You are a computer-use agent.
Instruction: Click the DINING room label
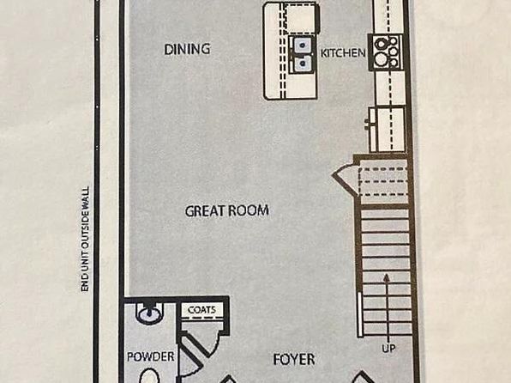point(187,49)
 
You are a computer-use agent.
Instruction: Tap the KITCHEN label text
point(343,53)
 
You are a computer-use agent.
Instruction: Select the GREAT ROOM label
point(227,211)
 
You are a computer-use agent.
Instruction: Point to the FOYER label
point(294,360)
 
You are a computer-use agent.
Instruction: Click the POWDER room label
point(151,356)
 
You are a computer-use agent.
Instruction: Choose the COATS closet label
point(201,309)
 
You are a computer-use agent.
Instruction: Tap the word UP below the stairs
point(388,349)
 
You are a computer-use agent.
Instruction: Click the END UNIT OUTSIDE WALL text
point(85,239)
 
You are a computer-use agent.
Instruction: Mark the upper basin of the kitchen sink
point(302,45)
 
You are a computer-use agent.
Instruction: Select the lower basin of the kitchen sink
point(302,63)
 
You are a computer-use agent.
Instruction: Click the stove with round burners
point(386,52)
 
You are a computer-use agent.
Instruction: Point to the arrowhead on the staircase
point(387,278)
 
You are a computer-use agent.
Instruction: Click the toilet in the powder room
point(149,376)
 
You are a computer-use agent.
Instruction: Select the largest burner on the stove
point(381,59)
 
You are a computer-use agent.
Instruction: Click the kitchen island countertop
point(291,51)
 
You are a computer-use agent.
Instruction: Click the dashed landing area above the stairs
point(383,181)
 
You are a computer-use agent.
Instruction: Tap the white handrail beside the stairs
point(360,315)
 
